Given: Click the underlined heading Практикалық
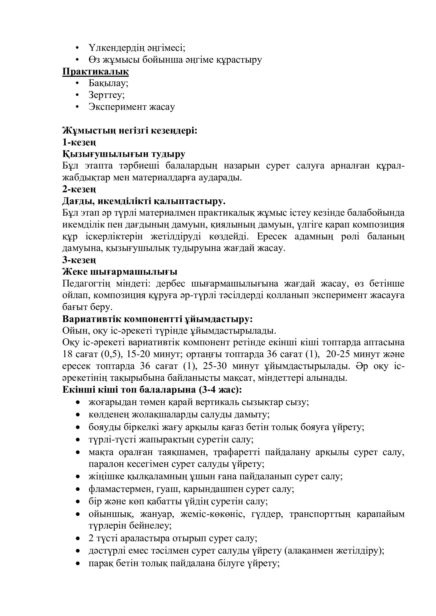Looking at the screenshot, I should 95,72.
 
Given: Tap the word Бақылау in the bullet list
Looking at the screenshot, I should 108,83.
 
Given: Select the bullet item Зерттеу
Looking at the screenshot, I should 106,95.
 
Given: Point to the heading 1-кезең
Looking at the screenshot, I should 79,142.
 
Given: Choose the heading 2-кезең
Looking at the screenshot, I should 79,189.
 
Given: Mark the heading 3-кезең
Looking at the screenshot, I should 79,260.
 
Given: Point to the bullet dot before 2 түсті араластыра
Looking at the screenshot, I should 78,539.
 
